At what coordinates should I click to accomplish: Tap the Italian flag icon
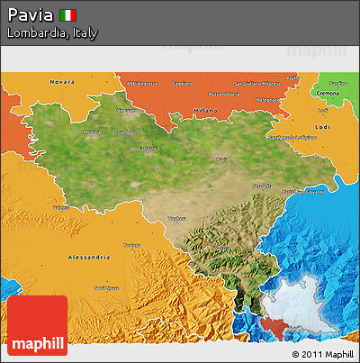(x=67, y=14)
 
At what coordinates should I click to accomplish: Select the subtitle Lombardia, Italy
(x=51, y=32)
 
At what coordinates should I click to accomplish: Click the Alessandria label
(x=89, y=257)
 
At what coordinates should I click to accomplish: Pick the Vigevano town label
(x=126, y=111)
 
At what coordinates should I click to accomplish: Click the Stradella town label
(x=263, y=186)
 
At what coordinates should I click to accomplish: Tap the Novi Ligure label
(x=106, y=288)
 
